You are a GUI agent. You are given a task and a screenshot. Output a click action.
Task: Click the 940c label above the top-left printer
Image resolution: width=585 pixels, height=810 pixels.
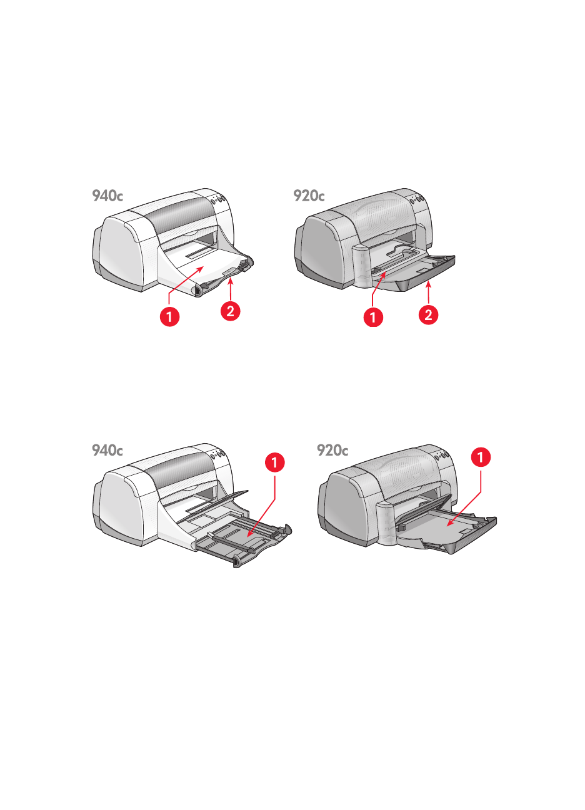click(x=107, y=196)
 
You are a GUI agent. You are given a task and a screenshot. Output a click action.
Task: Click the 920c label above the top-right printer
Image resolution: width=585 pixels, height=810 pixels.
click(x=309, y=196)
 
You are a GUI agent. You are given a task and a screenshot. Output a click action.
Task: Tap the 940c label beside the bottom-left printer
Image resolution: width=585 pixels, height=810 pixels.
click(x=107, y=450)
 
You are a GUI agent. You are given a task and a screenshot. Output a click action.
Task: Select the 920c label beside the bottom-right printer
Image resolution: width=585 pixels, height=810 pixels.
click(x=332, y=450)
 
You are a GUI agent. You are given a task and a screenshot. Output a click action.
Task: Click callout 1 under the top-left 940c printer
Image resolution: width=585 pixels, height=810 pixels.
click(x=169, y=317)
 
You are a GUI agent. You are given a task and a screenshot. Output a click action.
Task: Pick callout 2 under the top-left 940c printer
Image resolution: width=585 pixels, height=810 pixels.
click(x=230, y=311)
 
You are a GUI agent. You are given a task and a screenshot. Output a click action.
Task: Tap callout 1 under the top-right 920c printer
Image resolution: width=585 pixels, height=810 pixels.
click(x=373, y=317)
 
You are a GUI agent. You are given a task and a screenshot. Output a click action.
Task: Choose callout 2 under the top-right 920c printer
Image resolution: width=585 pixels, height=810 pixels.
click(x=429, y=314)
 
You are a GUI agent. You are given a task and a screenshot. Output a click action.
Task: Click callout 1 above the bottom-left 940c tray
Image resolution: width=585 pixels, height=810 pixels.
click(x=275, y=462)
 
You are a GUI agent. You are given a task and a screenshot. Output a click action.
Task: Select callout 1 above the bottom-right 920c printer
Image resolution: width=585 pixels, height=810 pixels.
click(x=481, y=457)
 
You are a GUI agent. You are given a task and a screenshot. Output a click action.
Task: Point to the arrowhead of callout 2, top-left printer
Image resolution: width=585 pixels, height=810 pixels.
click(x=230, y=282)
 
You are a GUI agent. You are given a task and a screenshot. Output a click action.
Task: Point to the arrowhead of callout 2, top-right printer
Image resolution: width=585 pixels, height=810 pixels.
click(x=429, y=284)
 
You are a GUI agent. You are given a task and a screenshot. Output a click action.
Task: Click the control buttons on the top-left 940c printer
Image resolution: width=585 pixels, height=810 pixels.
click(x=218, y=199)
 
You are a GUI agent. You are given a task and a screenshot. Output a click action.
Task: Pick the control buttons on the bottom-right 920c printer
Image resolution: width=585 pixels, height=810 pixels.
click(x=442, y=456)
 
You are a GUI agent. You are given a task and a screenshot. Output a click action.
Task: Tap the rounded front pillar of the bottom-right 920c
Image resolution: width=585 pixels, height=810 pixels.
click(x=386, y=523)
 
